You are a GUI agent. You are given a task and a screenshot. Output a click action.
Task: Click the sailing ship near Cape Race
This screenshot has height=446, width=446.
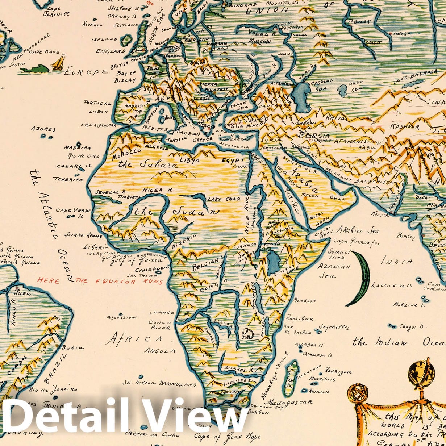58,63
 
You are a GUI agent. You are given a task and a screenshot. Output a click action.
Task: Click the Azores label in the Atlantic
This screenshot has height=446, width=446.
43,129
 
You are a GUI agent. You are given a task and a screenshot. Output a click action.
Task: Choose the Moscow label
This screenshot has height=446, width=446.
260,41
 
